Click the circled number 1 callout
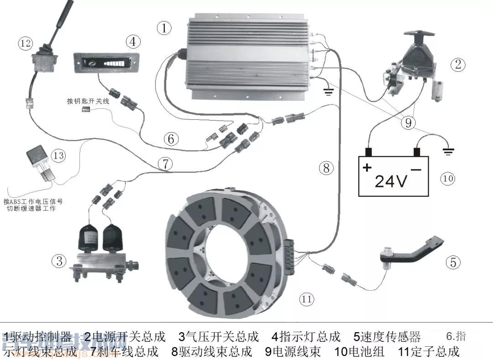164,28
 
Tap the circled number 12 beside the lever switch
26,43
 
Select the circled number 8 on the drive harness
326,168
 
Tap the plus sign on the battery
367,168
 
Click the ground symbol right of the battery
449,151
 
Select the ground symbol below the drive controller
328,91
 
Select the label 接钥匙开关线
88,101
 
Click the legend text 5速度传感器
387,337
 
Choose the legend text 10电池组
361,352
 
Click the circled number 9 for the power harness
408,122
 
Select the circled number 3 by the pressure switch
59,261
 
